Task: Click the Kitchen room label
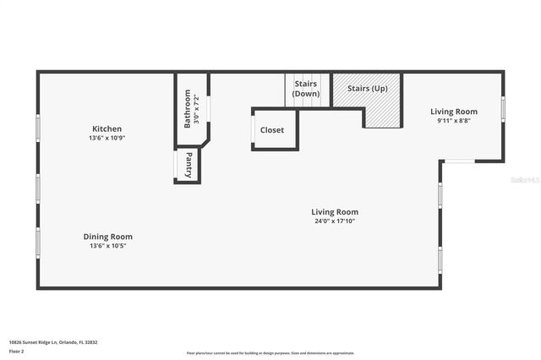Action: coord(107,128)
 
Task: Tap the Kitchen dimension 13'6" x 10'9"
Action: coord(107,139)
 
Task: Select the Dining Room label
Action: coord(107,237)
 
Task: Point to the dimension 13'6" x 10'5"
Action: coord(107,247)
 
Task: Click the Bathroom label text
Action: coord(187,109)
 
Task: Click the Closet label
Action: coord(272,130)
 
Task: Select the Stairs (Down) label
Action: coord(306,89)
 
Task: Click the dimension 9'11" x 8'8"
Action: coord(454,121)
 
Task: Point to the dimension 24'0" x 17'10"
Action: coord(335,221)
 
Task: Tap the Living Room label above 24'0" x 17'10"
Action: coord(335,212)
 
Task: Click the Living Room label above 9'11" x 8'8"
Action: coord(454,112)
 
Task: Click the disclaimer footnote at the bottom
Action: coord(270,353)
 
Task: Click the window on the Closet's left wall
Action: coord(253,130)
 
